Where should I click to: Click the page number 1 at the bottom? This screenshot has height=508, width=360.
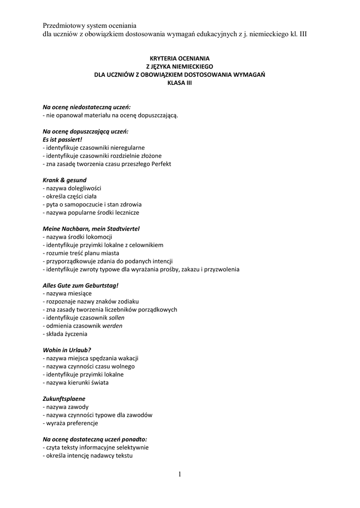point(180,475)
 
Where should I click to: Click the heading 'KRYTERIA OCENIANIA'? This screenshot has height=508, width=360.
point(180,58)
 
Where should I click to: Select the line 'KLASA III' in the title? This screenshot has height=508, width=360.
point(180,83)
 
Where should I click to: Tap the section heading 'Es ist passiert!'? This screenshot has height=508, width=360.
point(62,139)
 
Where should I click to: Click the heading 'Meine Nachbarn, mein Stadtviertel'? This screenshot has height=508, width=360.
point(91,229)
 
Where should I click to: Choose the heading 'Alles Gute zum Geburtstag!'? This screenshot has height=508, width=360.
point(81,286)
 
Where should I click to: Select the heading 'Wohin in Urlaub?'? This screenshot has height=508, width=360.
point(67,350)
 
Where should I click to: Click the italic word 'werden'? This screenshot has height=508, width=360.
point(112,326)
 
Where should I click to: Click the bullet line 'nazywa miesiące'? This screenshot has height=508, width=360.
point(67,294)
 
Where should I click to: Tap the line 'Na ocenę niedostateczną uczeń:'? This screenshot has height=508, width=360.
point(87,107)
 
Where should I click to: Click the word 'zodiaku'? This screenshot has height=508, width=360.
point(129,302)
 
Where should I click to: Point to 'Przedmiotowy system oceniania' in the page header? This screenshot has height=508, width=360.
point(89,25)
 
